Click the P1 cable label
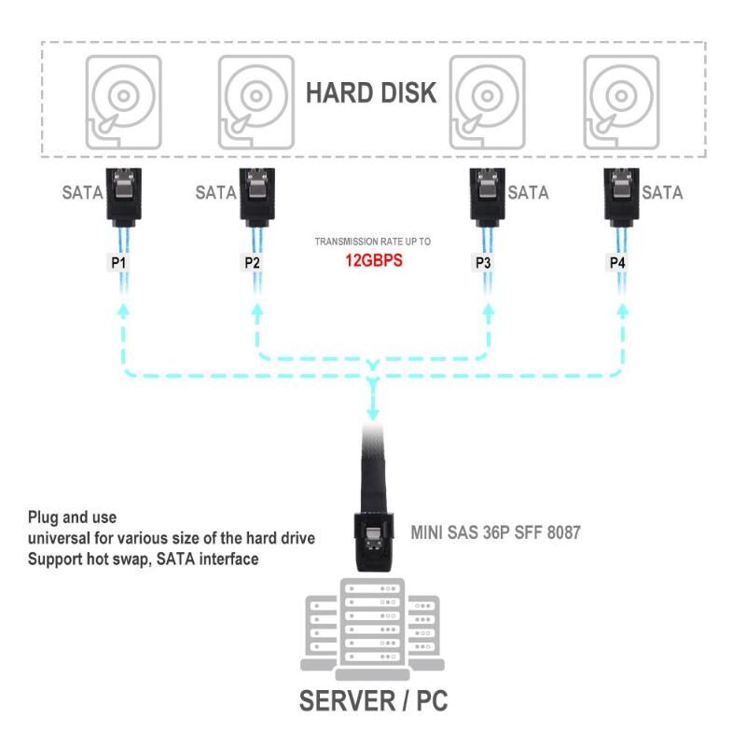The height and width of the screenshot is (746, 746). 118,263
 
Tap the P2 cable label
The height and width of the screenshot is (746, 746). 252,263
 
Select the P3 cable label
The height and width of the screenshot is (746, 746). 483,263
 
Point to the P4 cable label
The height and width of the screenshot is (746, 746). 617,263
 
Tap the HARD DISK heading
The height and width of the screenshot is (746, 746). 371,93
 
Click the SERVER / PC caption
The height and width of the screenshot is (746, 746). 373,699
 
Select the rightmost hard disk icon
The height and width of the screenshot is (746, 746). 621,103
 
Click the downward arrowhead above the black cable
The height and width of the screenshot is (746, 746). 373,411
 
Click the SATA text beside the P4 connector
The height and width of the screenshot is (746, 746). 662,193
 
